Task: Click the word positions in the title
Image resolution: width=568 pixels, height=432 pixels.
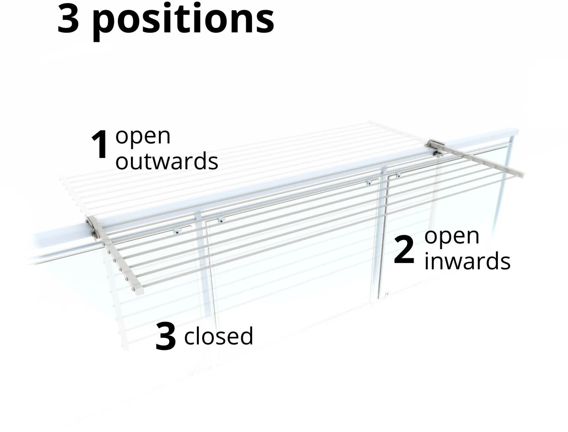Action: pyautogui.click(x=184, y=21)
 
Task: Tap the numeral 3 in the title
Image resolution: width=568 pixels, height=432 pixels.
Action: pyautogui.click(x=68, y=19)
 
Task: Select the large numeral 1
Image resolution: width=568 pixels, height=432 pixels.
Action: pyautogui.click(x=100, y=145)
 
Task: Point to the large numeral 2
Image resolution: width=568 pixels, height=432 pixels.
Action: pyautogui.click(x=404, y=250)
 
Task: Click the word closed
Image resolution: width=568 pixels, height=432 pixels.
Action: pyautogui.click(x=218, y=336)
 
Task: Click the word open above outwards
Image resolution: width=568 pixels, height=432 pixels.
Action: pyautogui.click(x=143, y=137)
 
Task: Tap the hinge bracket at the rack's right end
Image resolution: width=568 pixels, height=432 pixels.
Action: pyautogui.click(x=436, y=148)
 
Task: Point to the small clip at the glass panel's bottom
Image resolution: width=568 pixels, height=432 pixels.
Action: pyautogui.click(x=387, y=294)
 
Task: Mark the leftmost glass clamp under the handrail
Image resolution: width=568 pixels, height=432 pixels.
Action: pyautogui.click(x=177, y=231)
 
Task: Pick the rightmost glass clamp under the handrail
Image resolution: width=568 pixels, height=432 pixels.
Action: pyautogui.click(x=398, y=175)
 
